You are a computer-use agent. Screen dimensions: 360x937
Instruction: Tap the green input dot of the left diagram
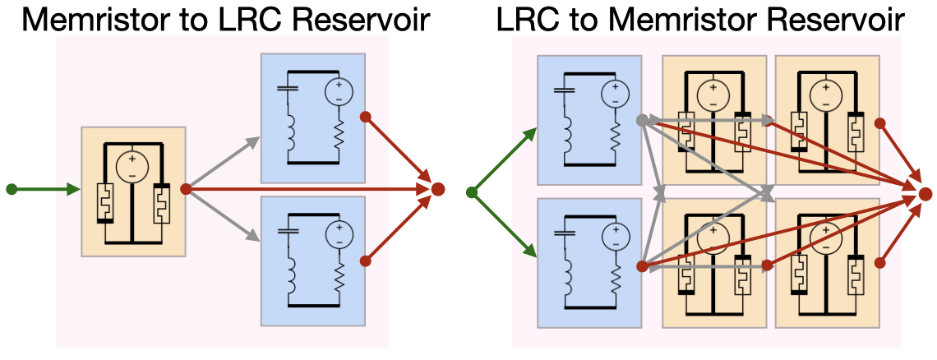[x=12, y=189]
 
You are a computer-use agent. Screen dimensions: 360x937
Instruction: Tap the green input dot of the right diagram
[x=472, y=192]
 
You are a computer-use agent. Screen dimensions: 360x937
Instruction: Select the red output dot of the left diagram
[x=438, y=189]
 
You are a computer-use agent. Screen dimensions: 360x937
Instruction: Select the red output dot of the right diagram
[x=925, y=194]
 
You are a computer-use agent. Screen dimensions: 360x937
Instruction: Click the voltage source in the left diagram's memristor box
[x=132, y=167]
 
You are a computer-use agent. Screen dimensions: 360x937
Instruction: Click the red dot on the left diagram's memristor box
[x=186, y=188]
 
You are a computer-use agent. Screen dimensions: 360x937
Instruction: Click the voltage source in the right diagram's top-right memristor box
[x=826, y=93]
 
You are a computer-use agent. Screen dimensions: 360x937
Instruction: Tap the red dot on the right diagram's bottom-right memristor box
[x=879, y=264]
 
